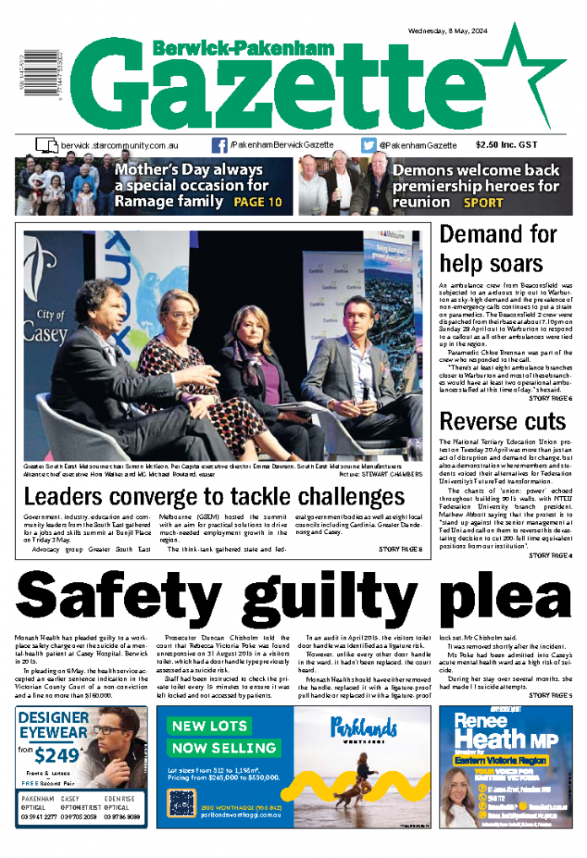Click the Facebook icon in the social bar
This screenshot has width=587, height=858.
click(219, 145)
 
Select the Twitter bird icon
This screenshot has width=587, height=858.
click(369, 145)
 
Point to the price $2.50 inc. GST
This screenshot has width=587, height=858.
click(505, 145)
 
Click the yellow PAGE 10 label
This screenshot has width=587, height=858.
click(257, 202)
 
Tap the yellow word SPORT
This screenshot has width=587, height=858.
click(482, 203)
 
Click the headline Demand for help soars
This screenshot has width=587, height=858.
click(498, 246)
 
